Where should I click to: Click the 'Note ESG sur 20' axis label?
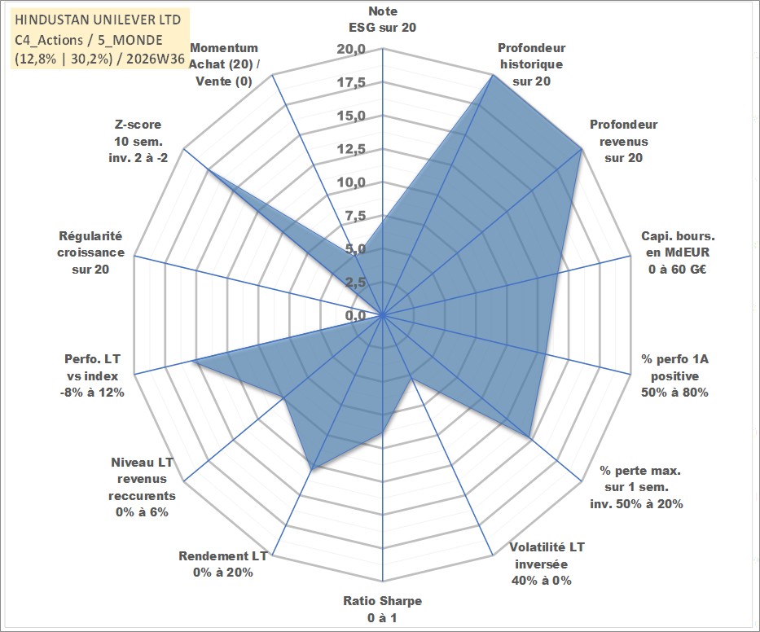point(382,20)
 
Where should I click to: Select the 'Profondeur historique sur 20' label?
point(531,64)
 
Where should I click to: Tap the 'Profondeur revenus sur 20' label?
point(623,141)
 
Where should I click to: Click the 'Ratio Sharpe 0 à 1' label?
point(382,609)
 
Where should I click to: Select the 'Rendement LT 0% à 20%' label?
point(223,564)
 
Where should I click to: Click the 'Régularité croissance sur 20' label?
point(90,252)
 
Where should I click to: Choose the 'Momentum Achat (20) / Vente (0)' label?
point(224,64)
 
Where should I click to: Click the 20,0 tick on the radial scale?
point(351,50)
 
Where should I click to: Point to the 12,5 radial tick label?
point(351,149)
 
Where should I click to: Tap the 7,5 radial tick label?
point(355,216)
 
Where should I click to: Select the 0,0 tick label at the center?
point(355,315)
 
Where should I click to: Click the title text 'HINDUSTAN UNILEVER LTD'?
point(98,20)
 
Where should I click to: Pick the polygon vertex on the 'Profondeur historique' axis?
point(493,75)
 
